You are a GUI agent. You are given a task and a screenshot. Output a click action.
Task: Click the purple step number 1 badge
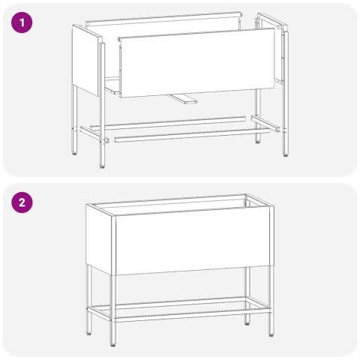click(23, 23)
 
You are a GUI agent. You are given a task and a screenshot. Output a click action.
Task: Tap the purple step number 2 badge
click(23, 202)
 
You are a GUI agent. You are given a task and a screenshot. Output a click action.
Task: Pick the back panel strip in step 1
click(165, 22)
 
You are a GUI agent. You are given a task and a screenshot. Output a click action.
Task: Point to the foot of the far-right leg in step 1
click(285, 154)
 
